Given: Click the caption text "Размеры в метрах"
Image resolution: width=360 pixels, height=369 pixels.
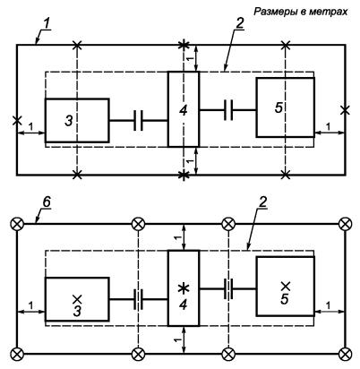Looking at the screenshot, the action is tap(301, 12).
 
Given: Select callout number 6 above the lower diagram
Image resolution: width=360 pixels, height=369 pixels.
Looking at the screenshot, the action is tap(47, 202).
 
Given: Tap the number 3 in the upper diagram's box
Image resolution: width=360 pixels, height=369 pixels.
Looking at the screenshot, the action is tap(69, 121).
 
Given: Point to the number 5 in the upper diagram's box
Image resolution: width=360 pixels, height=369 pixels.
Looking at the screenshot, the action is tap(279, 107).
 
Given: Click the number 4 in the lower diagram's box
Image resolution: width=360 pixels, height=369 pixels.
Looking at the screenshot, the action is tap(184, 305).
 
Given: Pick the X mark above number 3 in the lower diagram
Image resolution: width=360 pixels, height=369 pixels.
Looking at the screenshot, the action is tap(77, 298).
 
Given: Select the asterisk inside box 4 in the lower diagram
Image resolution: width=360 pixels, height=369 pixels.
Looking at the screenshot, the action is tap(184, 288).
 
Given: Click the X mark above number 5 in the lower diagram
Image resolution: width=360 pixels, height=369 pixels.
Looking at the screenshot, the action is tap(286, 286).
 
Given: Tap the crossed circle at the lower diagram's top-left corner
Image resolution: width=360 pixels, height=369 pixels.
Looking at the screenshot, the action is tap(17, 224).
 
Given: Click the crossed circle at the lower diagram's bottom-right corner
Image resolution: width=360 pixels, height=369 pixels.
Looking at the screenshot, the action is tap(346, 354).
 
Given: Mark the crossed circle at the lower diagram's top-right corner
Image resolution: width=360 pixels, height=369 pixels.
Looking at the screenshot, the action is tap(346, 224).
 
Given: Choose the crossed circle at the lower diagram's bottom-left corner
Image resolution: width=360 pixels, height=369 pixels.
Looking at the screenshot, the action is tap(17, 354).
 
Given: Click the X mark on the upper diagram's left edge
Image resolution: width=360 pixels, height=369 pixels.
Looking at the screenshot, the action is tap(17, 121).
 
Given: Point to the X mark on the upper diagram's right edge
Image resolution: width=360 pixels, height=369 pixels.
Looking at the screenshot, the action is tap(345, 110).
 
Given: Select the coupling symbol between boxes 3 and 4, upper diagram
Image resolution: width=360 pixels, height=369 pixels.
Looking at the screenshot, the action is tap(138, 121).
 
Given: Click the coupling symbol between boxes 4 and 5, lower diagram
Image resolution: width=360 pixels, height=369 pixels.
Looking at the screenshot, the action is tap(228, 289).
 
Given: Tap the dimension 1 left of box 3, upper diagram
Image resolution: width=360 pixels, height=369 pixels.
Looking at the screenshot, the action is tap(30, 126).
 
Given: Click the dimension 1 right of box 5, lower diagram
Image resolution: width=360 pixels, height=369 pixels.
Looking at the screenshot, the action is tap(328, 305).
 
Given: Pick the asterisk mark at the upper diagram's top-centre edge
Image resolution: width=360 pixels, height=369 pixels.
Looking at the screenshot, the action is tap(184, 45).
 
